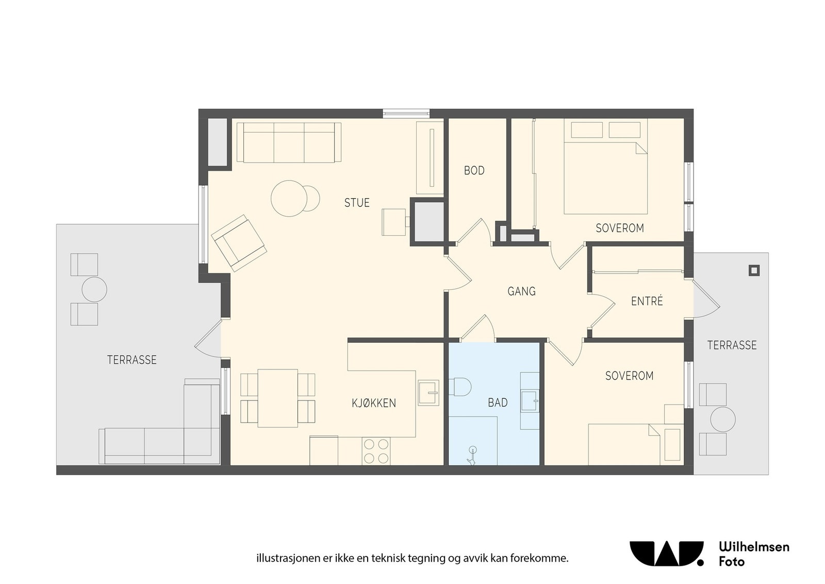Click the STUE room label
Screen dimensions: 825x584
click(356, 203)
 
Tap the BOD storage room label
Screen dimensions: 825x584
click(474, 171)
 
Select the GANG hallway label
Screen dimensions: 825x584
click(521, 291)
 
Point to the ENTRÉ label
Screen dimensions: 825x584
click(647, 301)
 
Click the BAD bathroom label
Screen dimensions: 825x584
click(498, 403)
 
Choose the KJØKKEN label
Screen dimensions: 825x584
click(373, 403)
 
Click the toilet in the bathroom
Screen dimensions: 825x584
click(460, 386)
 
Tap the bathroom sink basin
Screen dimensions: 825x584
click(530, 401)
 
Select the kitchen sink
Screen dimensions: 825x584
click(428, 393)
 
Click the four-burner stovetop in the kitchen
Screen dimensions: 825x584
click(376, 451)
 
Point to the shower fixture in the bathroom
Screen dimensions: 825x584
click(472, 456)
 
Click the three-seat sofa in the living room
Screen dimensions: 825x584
click(289, 142)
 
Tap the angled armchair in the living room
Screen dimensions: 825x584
click(239, 243)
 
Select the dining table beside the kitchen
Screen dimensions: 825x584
click(278, 398)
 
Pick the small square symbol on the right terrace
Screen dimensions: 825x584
click(754, 271)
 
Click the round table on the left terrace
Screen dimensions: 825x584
click(94, 289)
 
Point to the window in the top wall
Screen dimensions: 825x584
click(406, 113)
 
